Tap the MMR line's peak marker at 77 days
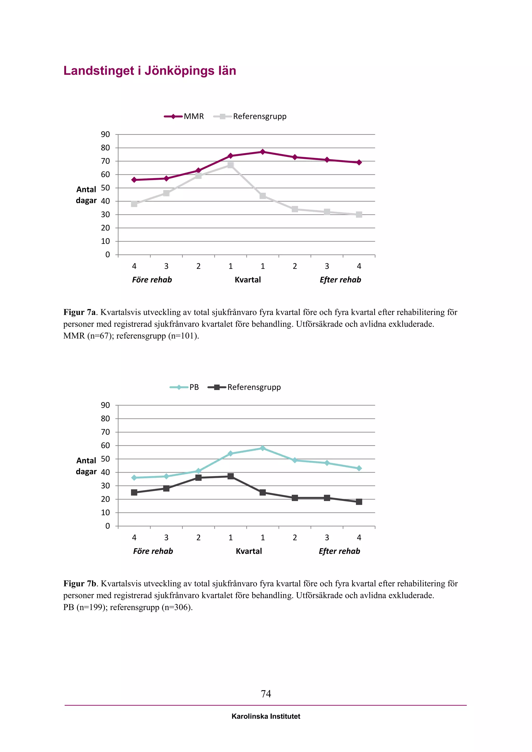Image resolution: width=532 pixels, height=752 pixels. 263,152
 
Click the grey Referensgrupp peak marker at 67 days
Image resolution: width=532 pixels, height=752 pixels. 231,165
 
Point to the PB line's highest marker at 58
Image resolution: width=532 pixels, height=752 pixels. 263,448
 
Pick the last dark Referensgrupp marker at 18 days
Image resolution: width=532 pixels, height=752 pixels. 359,502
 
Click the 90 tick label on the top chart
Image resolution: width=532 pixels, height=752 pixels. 105,134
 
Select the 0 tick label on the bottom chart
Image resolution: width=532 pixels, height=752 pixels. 108,526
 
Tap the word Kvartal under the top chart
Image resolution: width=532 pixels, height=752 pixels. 248,280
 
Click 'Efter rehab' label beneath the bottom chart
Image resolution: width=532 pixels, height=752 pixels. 339,551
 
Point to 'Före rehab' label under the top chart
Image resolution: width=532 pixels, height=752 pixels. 152,280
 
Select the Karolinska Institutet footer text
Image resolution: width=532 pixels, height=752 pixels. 266,716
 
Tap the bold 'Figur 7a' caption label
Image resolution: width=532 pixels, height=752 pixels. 79,312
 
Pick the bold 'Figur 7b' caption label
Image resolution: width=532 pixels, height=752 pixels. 79,583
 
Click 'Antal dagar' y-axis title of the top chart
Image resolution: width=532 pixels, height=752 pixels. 86,195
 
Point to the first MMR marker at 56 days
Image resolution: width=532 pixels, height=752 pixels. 134,180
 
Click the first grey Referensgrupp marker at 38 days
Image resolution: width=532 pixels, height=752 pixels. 134,204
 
